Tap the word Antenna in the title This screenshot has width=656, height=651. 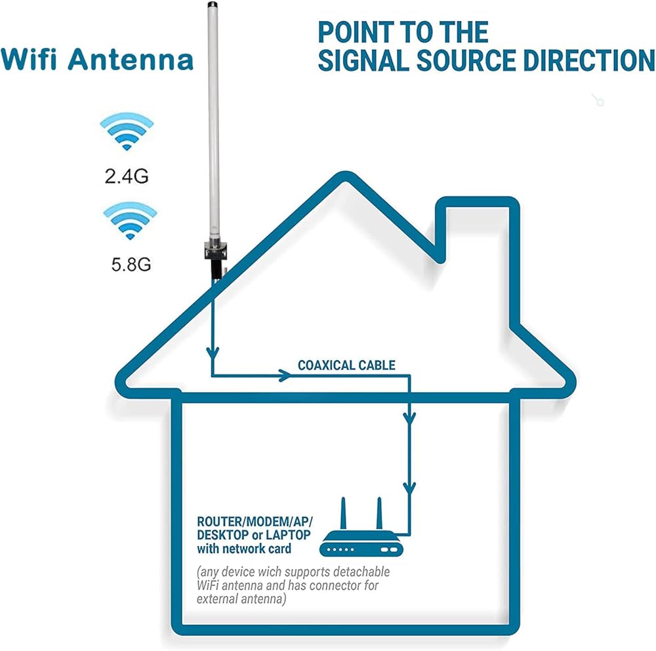[131, 59]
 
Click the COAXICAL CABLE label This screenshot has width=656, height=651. [346, 365]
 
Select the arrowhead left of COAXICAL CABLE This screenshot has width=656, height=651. [283, 376]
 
